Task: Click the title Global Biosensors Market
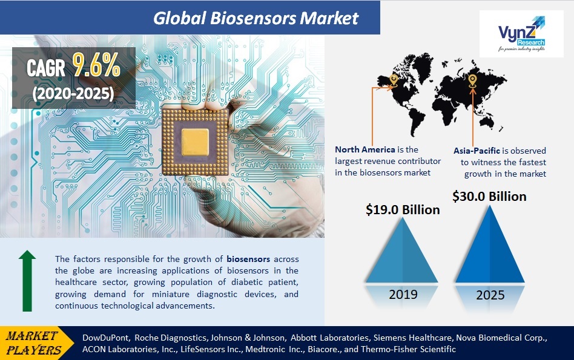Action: tap(256, 18)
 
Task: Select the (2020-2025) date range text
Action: tap(73, 94)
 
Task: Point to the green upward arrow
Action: tap(27, 281)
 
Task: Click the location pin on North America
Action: tap(394, 79)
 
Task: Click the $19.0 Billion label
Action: tap(403, 209)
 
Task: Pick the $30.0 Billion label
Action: tap(489, 196)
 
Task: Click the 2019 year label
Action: tap(403, 295)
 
